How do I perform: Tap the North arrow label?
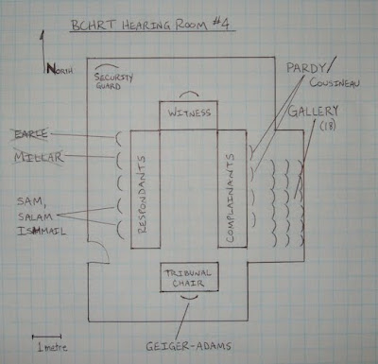pos(60,69)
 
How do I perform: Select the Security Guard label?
pos(113,81)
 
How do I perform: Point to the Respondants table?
pos(146,189)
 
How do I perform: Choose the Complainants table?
pos(232,188)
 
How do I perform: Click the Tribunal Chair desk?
pos(189,277)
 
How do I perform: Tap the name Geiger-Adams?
pos(188,346)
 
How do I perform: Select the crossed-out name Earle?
pos(31,134)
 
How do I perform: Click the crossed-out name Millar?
pos(39,157)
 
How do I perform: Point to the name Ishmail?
pos(42,232)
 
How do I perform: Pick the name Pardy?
pos(305,68)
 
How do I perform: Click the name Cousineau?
pos(335,82)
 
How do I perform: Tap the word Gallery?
pos(313,112)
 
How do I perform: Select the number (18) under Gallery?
pos(328,126)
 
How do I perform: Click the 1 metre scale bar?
pos(46,337)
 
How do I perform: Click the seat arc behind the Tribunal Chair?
pos(189,298)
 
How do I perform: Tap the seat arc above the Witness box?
pos(189,93)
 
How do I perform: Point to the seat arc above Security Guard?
pos(107,66)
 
